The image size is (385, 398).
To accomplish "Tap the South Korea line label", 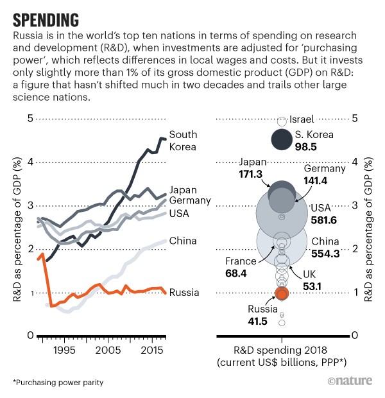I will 183,141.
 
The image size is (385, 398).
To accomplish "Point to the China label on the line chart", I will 183,241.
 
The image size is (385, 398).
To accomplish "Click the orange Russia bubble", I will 282,293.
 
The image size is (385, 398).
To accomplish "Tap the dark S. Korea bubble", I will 281,141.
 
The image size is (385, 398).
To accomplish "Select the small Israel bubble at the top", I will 281,120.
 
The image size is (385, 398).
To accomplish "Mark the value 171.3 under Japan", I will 247,174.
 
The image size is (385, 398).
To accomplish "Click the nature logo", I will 352,381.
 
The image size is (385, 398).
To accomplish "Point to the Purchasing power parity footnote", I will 58,383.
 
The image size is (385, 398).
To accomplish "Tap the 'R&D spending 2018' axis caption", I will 280,350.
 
